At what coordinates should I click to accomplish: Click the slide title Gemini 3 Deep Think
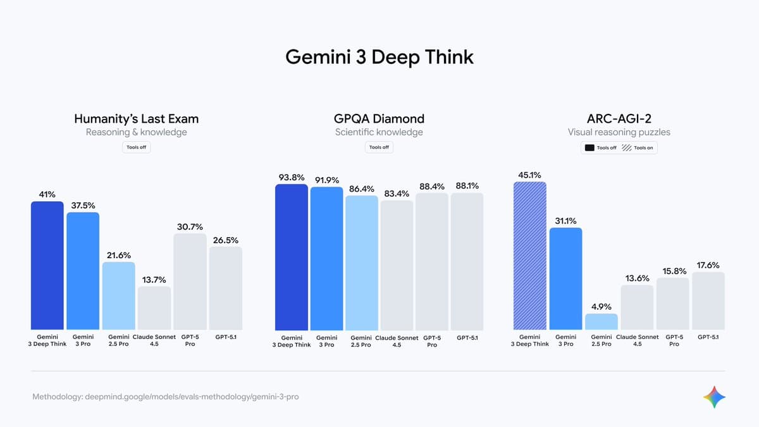379,57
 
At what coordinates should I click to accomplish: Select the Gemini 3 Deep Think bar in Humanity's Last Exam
47,266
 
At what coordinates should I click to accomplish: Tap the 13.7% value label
154,280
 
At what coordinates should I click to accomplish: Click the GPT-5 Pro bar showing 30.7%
190,282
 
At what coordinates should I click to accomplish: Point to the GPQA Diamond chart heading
379,118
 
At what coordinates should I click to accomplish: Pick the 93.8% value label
292,178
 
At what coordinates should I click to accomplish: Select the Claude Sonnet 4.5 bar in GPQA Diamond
397,266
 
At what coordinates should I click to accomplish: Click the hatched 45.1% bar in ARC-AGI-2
530,256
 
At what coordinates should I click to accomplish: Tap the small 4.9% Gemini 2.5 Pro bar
601,321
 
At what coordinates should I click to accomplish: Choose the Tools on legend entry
638,147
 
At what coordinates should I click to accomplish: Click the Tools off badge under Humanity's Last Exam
136,147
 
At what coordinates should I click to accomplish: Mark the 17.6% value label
708,265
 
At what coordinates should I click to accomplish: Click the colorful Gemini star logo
714,397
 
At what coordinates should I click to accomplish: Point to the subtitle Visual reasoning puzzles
619,132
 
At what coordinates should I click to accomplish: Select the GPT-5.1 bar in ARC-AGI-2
708,301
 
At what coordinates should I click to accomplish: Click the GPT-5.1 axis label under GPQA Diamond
467,338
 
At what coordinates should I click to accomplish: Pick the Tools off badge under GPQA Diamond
379,147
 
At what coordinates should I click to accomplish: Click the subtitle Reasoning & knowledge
136,132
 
